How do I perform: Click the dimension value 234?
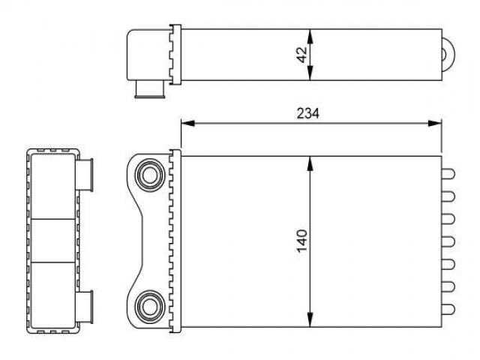[307, 113]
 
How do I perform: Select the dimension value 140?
[301, 241]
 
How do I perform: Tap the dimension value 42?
[301, 55]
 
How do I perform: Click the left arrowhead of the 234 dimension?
[187, 123]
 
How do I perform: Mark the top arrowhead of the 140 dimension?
[310, 163]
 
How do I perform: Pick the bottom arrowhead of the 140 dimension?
[310, 320]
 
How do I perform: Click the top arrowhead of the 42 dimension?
[310, 36]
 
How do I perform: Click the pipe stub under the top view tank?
[150, 89]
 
